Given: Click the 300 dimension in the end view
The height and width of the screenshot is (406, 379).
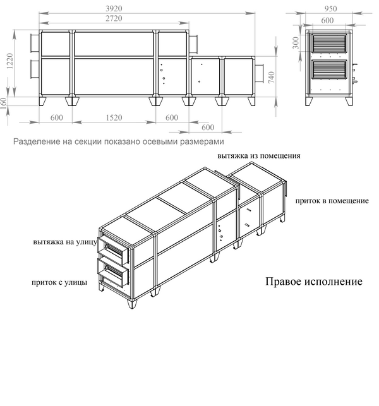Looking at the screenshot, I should [x=295, y=43].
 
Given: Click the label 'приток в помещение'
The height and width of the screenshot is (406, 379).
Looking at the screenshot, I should [x=332, y=201].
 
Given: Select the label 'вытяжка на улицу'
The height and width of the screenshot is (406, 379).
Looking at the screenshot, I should [x=64, y=242].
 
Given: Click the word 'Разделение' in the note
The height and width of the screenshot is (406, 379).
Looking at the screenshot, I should [x=37, y=141].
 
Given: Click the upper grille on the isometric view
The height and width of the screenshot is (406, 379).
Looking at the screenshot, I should [x=114, y=250].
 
